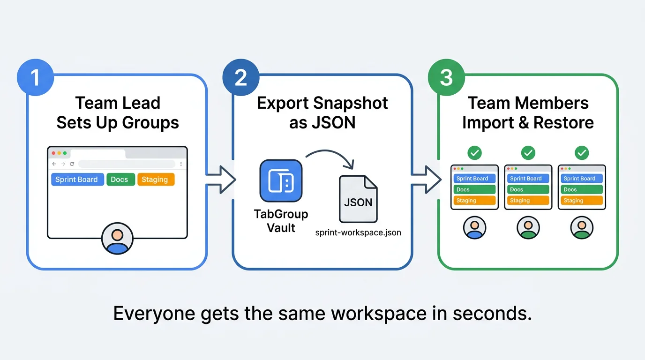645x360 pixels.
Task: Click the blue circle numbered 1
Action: point(35,77)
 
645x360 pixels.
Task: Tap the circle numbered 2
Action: point(240,77)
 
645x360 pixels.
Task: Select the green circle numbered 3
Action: point(446,77)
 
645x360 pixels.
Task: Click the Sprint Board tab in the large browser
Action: point(77,180)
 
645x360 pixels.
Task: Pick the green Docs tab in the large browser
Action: point(120,180)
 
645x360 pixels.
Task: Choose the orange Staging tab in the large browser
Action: point(155,180)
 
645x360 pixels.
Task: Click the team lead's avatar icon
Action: point(117,239)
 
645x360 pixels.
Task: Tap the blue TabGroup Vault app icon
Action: point(280,181)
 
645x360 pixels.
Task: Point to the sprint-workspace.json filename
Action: point(358,232)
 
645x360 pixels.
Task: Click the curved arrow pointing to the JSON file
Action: point(330,157)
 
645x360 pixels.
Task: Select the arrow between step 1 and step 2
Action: point(220,179)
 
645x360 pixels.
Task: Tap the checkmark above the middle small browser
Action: point(528,153)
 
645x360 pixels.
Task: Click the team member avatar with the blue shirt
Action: point(474,228)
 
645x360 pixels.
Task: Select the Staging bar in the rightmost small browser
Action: point(581,201)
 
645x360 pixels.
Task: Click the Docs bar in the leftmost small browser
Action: point(474,189)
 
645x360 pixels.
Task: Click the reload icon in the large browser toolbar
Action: point(72,164)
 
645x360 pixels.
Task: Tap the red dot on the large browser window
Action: point(53,153)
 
